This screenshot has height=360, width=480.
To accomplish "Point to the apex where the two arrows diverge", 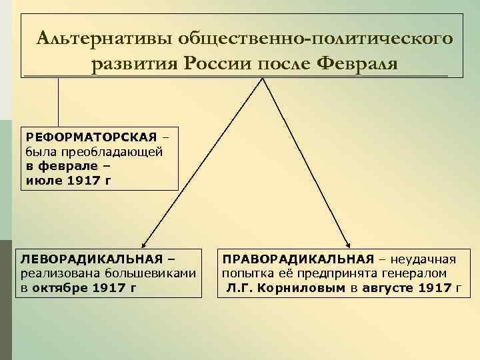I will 265,79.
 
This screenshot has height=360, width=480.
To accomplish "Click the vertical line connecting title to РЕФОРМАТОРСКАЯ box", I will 59,100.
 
